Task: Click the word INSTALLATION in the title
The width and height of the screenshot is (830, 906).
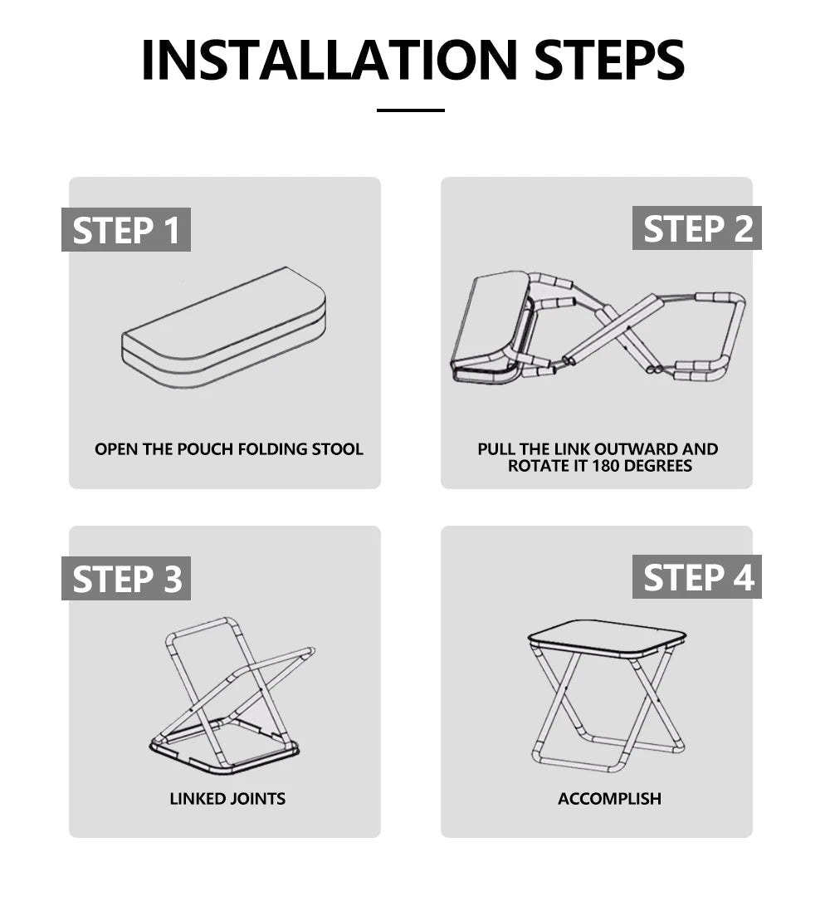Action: pos(329,60)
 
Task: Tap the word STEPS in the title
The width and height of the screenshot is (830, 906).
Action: pos(609,60)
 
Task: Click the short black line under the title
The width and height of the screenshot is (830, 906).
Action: pos(411,110)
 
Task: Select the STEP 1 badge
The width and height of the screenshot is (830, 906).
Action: pos(126,229)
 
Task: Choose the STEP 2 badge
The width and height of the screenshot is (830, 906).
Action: pos(697,228)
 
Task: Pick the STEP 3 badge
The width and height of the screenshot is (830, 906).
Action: pos(126,578)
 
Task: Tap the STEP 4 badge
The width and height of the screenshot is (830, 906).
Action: pos(697,576)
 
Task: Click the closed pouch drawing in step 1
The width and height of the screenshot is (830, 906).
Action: pos(223,328)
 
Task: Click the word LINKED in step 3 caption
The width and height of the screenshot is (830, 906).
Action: pos(197,799)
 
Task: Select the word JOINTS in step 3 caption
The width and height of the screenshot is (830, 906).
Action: pos(257,799)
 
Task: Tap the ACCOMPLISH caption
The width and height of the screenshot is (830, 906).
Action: pos(609,799)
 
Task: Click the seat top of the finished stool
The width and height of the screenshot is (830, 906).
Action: pos(607,637)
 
